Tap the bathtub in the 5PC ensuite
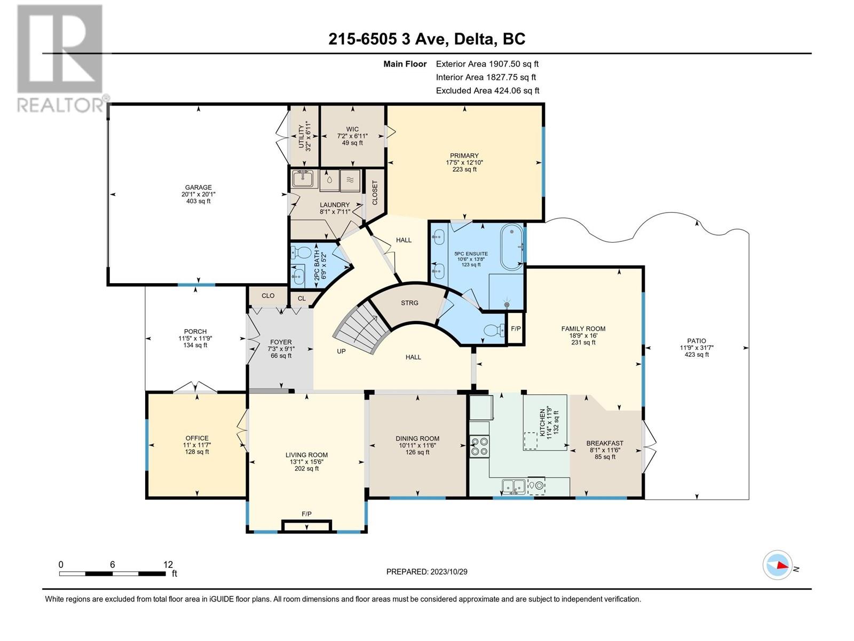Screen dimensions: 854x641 (x=512, y=247)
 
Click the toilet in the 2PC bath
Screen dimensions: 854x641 (x=299, y=253)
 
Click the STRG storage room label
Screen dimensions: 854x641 (x=409, y=303)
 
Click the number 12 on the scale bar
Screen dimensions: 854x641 (x=168, y=565)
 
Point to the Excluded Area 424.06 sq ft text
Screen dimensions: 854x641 (x=487, y=91)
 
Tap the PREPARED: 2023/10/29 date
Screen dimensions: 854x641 (x=427, y=572)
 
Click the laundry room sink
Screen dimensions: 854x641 (x=305, y=179)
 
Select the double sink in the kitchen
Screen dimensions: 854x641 (x=513, y=486)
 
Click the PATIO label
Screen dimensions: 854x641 (x=697, y=341)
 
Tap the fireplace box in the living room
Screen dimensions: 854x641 (x=306, y=526)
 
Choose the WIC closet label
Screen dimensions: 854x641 (x=352, y=129)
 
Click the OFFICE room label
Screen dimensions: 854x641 (x=197, y=438)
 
